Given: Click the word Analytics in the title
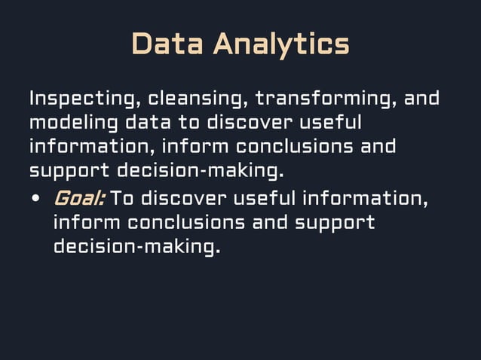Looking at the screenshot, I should click(280, 44).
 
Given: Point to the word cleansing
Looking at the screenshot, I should click(197, 99).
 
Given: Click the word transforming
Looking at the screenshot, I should click(324, 99).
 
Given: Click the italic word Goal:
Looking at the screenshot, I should click(78, 199).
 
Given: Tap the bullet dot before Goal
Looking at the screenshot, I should click(35, 200).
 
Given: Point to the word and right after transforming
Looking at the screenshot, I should click(421, 99).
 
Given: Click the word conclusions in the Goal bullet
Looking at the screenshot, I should click(185, 223).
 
